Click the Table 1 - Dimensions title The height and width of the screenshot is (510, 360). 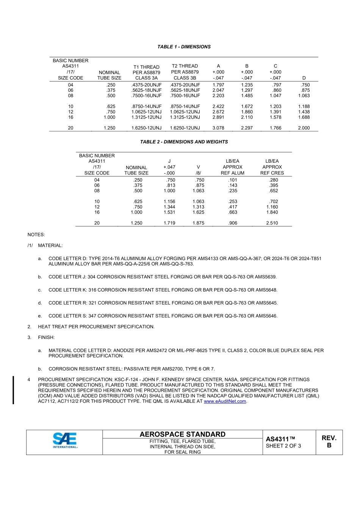point(184,47)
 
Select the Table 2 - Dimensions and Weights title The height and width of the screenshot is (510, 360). point(184,142)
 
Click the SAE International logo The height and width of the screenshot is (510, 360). point(65,441)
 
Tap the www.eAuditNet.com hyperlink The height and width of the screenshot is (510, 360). point(225,401)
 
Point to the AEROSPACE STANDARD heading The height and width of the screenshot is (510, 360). point(182,434)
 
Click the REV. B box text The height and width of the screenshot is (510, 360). point(329,441)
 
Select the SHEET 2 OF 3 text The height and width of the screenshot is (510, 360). point(283,446)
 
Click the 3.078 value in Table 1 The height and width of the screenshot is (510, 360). point(218,128)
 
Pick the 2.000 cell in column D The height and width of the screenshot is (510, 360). point(304,128)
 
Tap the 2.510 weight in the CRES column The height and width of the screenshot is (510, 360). point(272,223)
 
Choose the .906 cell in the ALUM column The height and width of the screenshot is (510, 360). point(233,223)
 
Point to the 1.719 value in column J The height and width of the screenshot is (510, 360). point(169,223)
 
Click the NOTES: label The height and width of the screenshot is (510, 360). point(36,235)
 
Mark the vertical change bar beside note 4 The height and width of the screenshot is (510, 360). point(13,390)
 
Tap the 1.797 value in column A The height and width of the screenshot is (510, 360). point(218,85)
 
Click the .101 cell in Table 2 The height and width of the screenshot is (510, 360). point(233,180)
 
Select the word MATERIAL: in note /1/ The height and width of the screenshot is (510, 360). point(50,246)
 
